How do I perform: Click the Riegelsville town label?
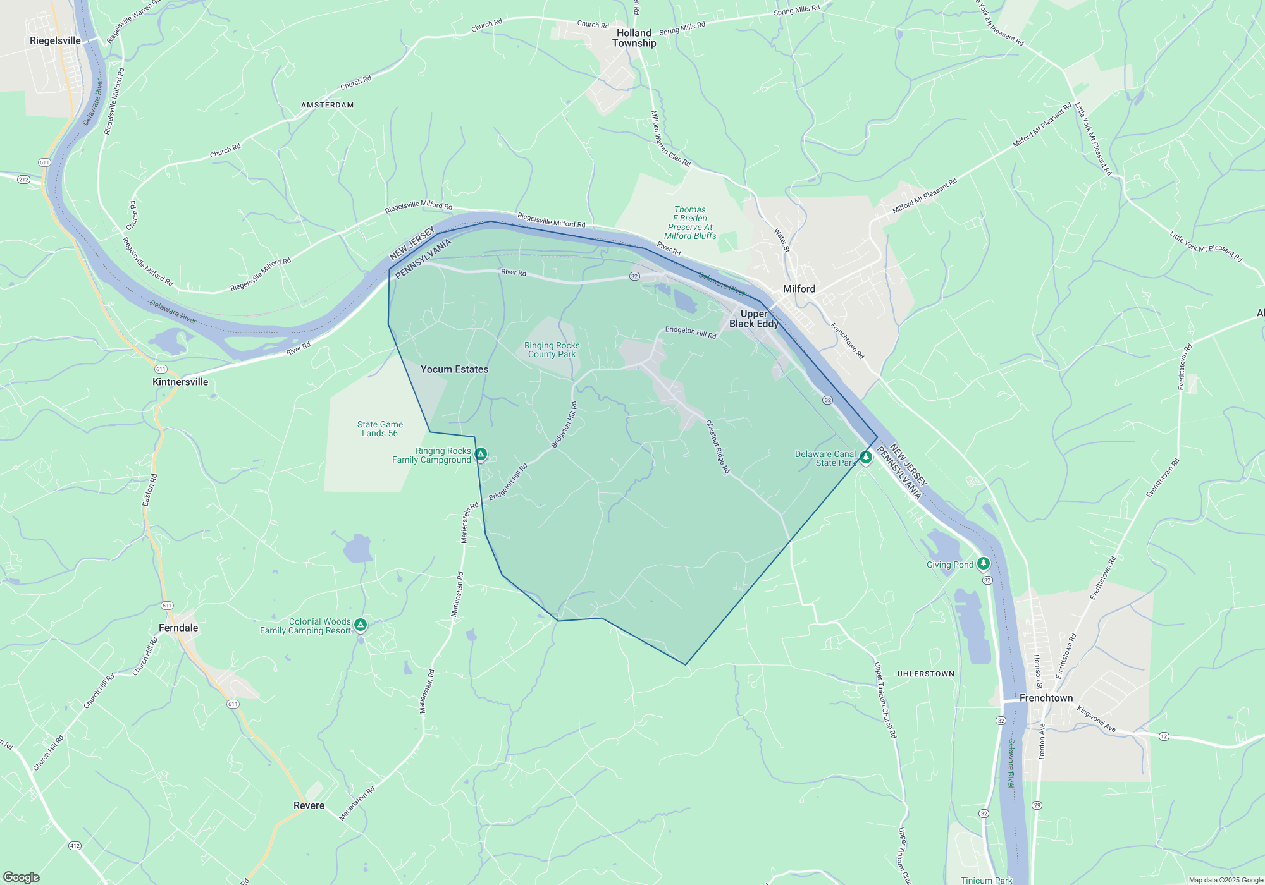pyautogui.click(x=55, y=40)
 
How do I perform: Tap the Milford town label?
pyautogui.click(x=799, y=289)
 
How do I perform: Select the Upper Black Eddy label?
pyautogui.click(x=753, y=319)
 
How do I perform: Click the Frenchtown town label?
pyautogui.click(x=1046, y=698)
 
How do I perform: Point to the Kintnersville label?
pyautogui.click(x=180, y=382)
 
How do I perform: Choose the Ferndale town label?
pyautogui.click(x=178, y=628)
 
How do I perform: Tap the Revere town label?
pyautogui.click(x=309, y=805)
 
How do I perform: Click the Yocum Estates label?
pyautogui.click(x=454, y=369)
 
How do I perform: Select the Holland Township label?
pyautogui.click(x=634, y=38)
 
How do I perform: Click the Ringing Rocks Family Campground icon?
pyautogui.click(x=481, y=454)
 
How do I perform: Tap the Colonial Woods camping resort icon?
pyautogui.click(x=361, y=625)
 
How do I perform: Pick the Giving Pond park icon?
pyautogui.click(x=983, y=563)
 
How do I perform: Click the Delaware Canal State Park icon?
pyautogui.click(x=866, y=456)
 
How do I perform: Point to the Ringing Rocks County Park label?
pyautogui.click(x=552, y=350)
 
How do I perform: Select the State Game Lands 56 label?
pyautogui.click(x=379, y=429)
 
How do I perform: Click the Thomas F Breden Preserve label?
pyautogui.click(x=690, y=223)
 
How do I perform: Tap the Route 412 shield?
pyautogui.click(x=75, y=845)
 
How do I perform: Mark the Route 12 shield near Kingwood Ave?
pyautogui.click(x=1164, y=736)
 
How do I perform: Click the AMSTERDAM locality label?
pyautogui.click(x=327, y=105)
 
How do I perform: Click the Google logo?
pyautogui.click(x=22, y=877)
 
